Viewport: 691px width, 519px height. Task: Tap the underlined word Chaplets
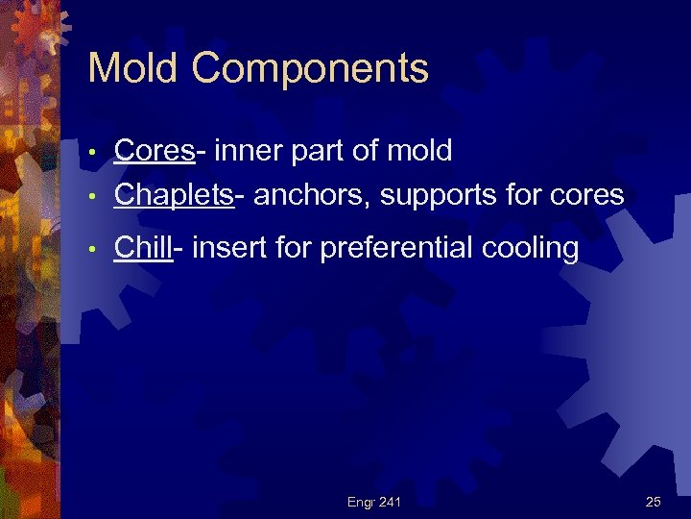[174, 196]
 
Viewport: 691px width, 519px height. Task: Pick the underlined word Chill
[143, 248]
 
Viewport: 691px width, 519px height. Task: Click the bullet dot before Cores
[91, 153]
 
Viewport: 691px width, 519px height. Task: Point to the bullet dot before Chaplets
[91, 197]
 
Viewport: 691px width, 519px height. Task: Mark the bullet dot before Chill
[91, 250]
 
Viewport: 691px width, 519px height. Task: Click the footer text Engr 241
[374, 501]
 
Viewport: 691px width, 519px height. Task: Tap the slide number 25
[654, 501]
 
